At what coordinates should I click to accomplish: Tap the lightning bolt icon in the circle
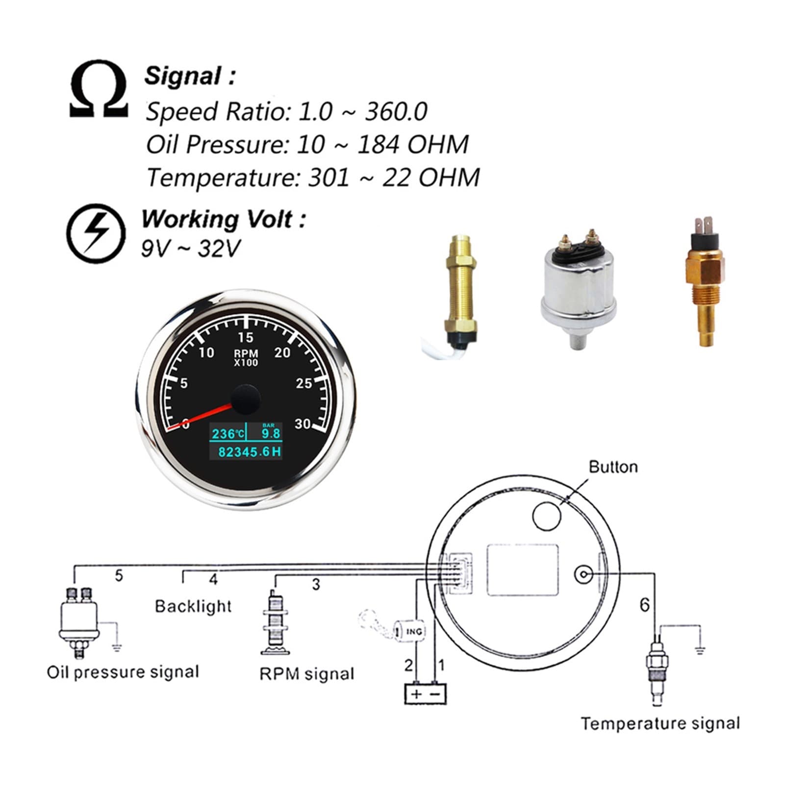click(96, 234)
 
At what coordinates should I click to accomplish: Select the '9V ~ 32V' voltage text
click(191, 249)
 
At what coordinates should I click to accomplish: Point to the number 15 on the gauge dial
click(246, 337)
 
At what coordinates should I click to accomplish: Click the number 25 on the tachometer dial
click(304, 383)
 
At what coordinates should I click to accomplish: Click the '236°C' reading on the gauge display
click(228, 433)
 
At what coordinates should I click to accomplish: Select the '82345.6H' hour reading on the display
click(250, 452)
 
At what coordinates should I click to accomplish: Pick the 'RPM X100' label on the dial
click(246, 357)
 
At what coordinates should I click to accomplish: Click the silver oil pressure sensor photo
click(579, 288)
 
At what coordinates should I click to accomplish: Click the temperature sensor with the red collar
click(704, 282)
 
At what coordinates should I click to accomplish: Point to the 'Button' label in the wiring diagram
click(613, 467)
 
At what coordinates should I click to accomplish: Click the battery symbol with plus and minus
click(425, 693)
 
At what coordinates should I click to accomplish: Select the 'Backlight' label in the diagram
click(193, 606)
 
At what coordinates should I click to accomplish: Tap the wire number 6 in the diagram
click(644, 605)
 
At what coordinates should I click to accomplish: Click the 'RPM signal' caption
click(307, 674)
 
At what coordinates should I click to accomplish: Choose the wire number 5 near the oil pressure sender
click(119, 576)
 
